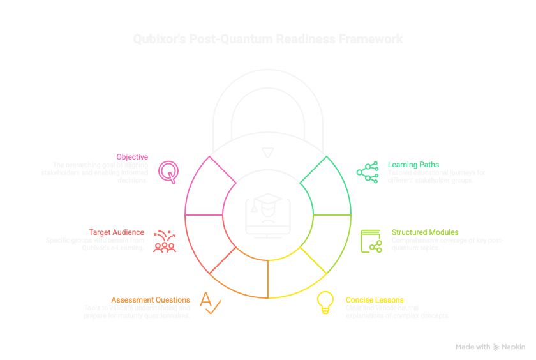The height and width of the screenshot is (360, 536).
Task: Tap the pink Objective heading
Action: pyautogui.click(x=132, y=156)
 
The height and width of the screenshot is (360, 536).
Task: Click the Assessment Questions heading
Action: pyautogui.click(x=151, y=299)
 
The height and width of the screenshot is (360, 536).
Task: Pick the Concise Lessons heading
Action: pyautogui.click(x=375, y=299)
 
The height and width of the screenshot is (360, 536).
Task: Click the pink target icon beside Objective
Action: pyautogui.click(x=168, y=170)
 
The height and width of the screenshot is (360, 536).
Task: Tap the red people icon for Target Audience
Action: pyautogui.click(x=165, y=239)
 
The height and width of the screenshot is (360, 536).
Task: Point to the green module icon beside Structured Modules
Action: pyautogui.click(x=371, y=241)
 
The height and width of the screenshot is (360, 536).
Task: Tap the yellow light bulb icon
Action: pyautogui.click(x=325, y=302)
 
